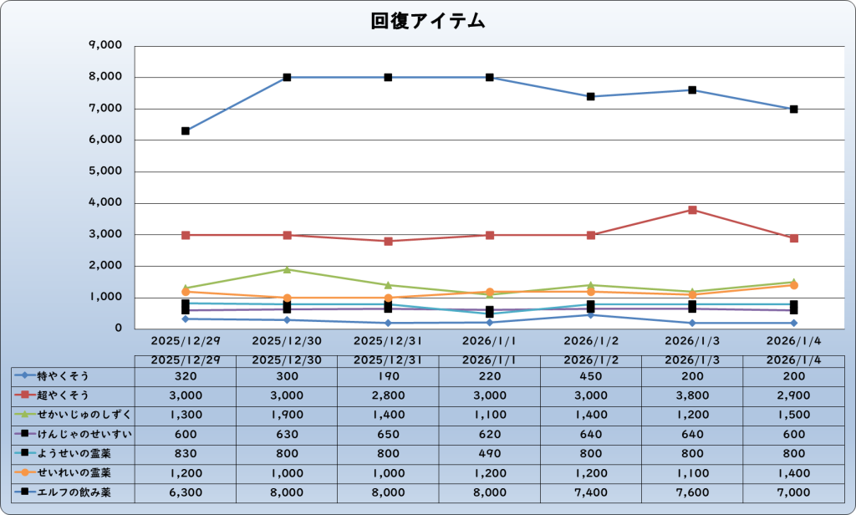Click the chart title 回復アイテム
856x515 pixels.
click(428, 22)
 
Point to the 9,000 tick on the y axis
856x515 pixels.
click(104, 46)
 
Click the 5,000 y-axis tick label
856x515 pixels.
click(104, 171)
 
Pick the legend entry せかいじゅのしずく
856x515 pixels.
click(75, 415)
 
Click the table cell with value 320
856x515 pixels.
click(186, 376)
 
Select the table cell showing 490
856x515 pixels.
click(490, 454)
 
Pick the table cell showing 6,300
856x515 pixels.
click(186, 492)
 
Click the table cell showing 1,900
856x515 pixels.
click(287, 415)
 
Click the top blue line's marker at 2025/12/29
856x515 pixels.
click(186, 130)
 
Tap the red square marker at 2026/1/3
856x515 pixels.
click(692, 210)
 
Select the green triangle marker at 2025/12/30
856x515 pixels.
click(287, 269)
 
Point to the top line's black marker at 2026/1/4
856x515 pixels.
click(793, 109)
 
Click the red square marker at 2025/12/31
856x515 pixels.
click(389, 241)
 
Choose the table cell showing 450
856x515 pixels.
click(591, 376)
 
